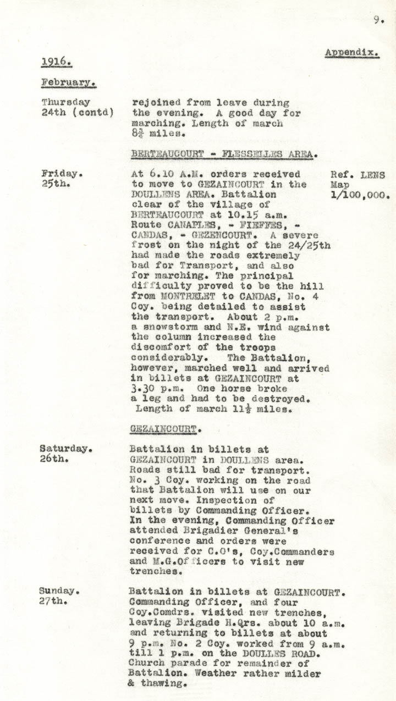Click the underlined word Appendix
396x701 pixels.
point(351,53)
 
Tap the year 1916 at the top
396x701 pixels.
point(56,62)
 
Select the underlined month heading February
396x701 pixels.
point(68,82)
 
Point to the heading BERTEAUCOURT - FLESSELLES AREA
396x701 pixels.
point(223,154)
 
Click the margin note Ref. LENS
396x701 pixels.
point(358,175)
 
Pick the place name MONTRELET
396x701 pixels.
point(188,296)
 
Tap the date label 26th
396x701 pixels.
point(53,459)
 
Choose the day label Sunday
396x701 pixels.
point(59,590)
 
